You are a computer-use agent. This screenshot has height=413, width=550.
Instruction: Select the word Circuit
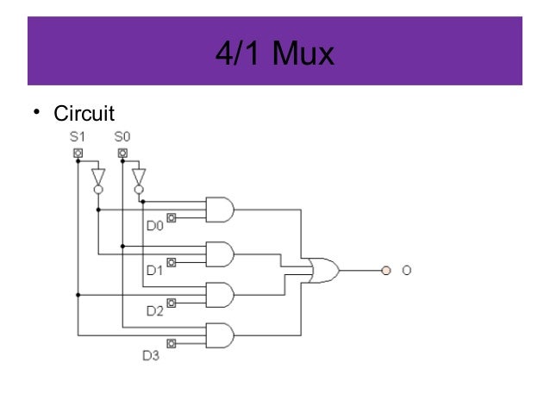point(84,113)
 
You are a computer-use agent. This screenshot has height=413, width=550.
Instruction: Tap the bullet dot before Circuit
point(37,113)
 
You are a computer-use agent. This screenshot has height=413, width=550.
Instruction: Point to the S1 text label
point(78,136)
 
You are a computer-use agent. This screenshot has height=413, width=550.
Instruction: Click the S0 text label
point(122,136)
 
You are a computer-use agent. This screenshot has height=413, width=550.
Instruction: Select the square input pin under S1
point(78,153)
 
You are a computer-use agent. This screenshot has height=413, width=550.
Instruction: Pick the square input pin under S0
point(122,153)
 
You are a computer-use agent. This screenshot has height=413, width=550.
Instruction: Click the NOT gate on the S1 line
point(98,178)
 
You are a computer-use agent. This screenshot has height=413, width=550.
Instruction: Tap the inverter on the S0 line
point(139,178)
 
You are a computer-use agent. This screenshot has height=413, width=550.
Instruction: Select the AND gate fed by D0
point(220,209)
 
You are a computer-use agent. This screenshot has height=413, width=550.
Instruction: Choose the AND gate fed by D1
point(220,253)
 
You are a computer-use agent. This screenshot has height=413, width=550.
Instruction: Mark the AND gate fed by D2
point(220,295)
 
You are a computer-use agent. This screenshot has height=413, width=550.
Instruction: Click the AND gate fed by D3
point(220,335)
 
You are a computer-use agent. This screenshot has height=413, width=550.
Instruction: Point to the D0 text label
point(154,226)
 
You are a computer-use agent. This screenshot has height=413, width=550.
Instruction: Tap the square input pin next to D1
point(172,261)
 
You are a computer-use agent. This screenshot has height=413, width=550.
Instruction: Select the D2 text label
point(154,311)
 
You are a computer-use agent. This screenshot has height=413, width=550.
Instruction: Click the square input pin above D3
point(172,343)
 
